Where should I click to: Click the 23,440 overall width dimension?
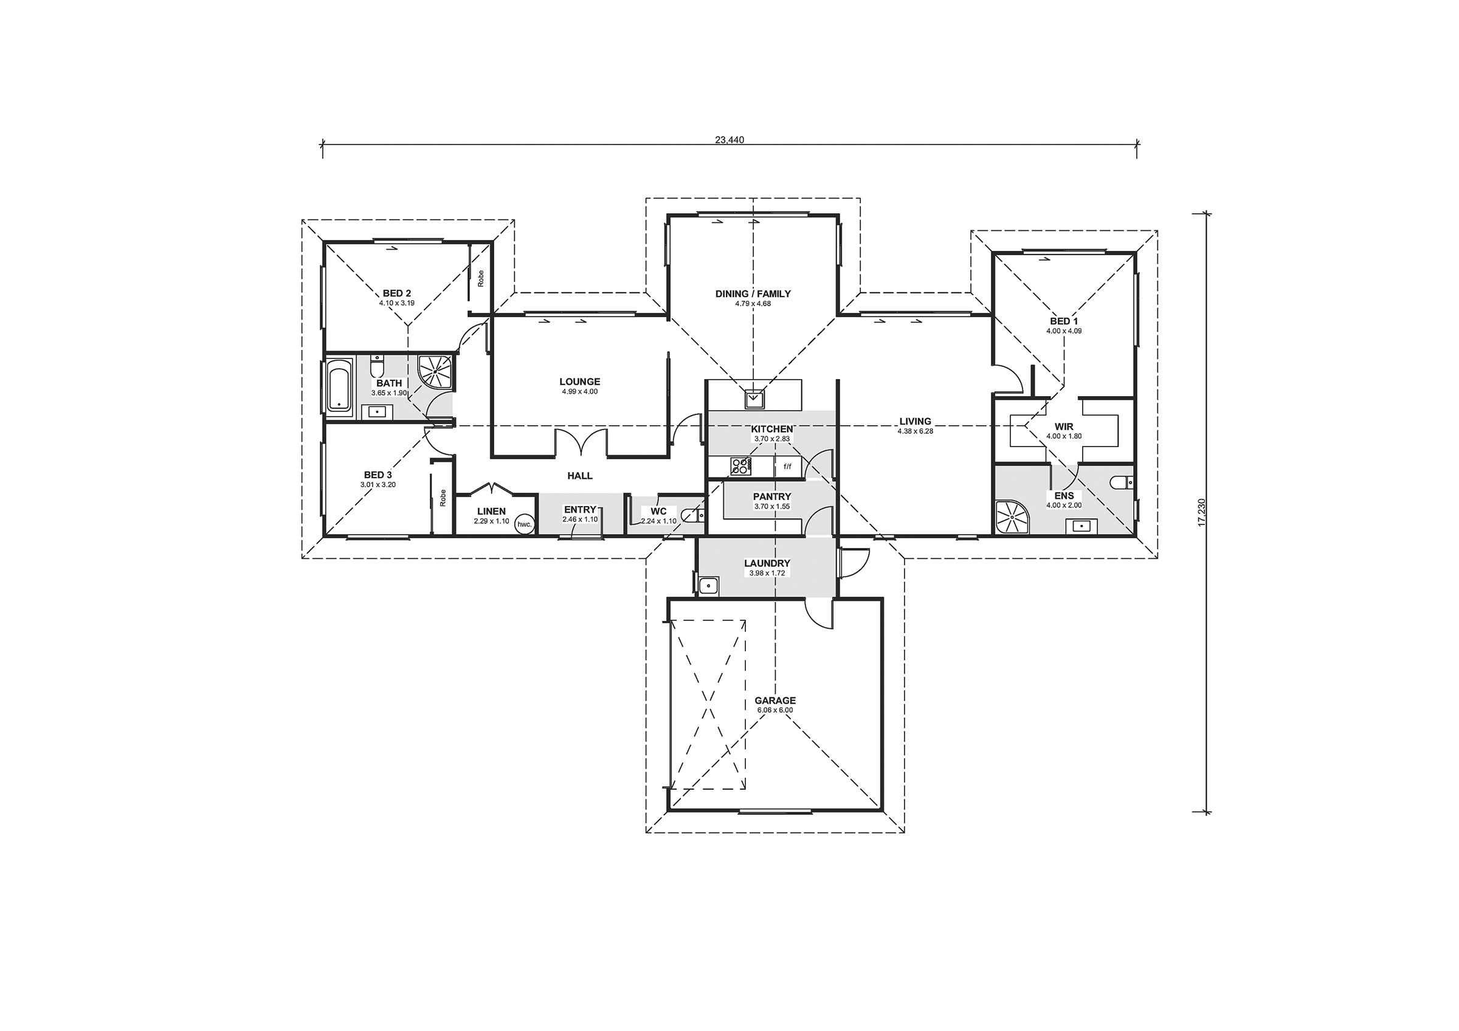click(x=729, y=140)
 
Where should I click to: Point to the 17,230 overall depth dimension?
click(x=1201, y=512)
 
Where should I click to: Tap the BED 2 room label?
click(x=396, y=293)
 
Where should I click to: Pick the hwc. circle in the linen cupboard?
click(x=524, y=524)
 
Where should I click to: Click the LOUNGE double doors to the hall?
click(x=581, y=443)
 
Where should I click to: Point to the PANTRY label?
click(x=772, y=497)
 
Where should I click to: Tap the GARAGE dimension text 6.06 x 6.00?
click(x=774, y=710)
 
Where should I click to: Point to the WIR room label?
click(x=1064, y=427)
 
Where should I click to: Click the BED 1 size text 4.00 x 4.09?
click(x=1064, y=331)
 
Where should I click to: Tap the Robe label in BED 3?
click(x=443, y=498)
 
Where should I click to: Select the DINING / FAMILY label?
click(x=753, y=294)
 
